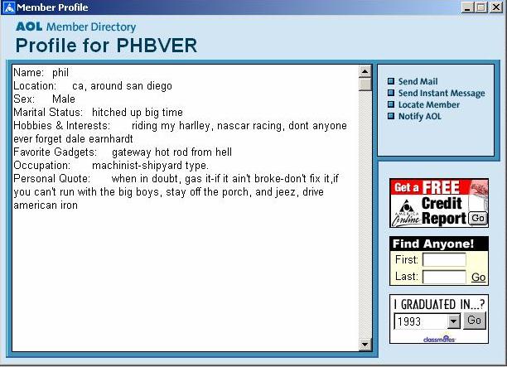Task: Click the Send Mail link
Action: [x=418, y=81]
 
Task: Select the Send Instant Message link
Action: [x=442, y=93]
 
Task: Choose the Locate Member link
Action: [x=429, y=104]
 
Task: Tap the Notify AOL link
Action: [x=420, y=117]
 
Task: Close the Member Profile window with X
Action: [x=496, y=7]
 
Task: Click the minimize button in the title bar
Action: [x=467, y=7]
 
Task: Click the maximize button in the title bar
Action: [x=481, y=7]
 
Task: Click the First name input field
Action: [x=444, y=259]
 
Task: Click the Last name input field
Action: [x=444, y=277]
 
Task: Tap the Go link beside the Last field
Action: [x=478, y=277]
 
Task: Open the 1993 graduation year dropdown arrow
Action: [x=454, y=321]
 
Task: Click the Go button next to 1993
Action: [x=475, y=321]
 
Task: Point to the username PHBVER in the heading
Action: [x=157, y=46]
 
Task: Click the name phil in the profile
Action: [x=60, y=73]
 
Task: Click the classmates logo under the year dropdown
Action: [x=439, y=339]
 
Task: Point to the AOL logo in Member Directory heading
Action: [x=29, y=27]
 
